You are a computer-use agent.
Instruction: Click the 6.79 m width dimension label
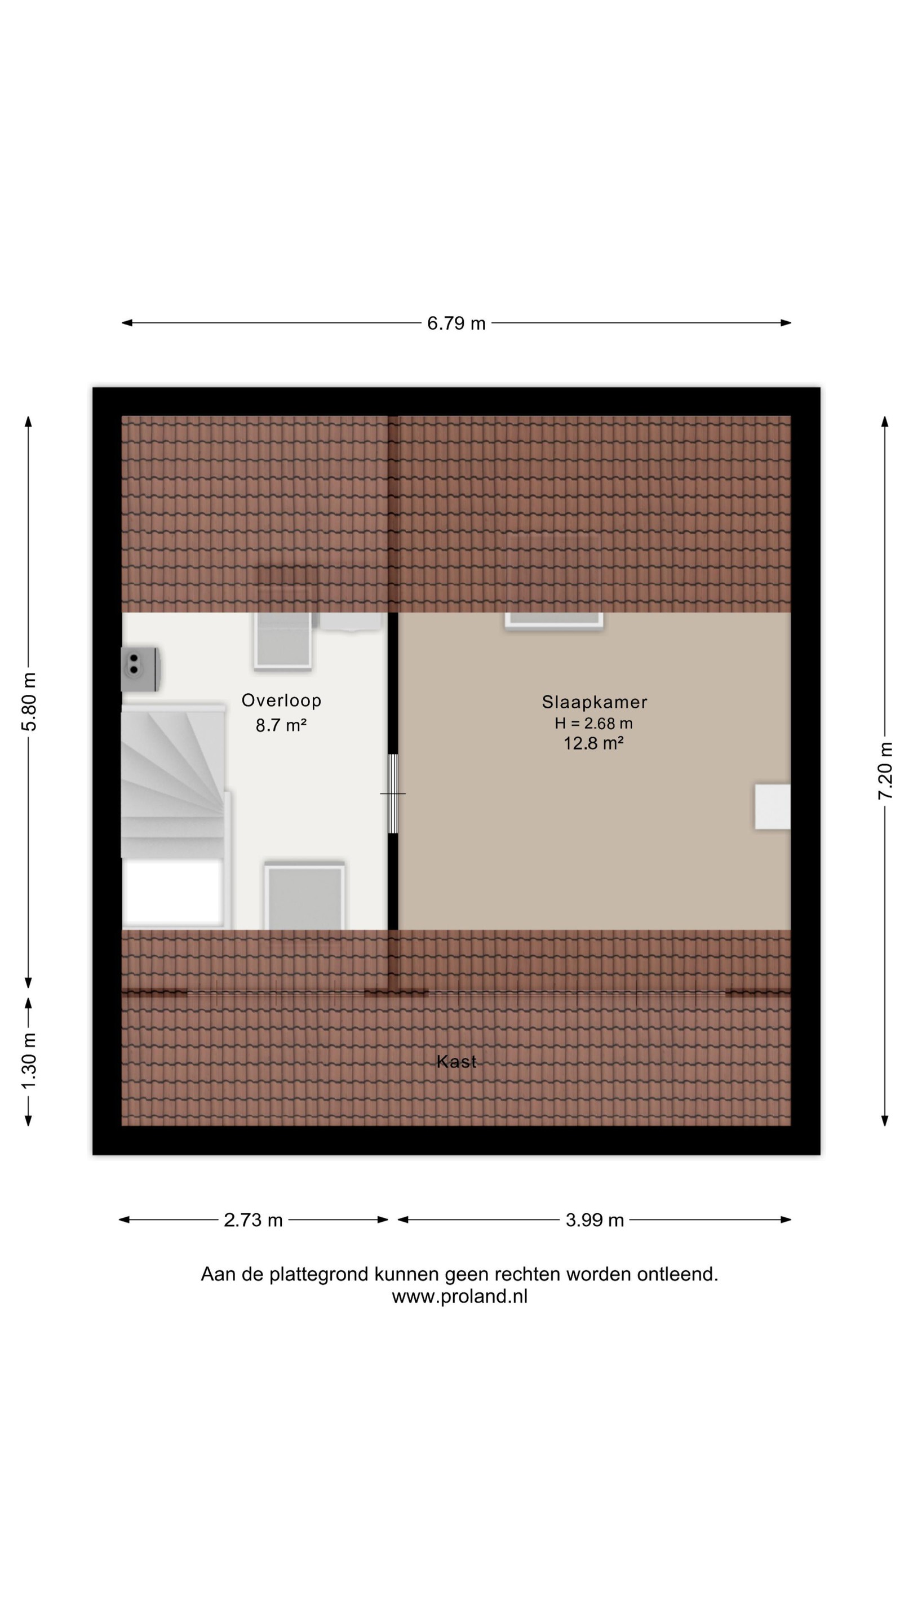456,323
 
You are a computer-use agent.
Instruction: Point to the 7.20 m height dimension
885,770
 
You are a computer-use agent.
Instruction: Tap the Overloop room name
282,700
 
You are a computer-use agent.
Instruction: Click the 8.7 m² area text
281,725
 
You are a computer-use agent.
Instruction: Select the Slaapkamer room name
594,701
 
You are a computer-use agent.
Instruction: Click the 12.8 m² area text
593,743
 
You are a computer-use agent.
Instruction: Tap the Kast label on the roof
456,1062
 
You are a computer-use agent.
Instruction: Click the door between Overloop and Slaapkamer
393,794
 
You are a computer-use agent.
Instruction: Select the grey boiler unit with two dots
140,669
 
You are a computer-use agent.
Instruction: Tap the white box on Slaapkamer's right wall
773,806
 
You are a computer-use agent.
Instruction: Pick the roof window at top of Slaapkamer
553,620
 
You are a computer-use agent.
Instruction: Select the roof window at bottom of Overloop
305,895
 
